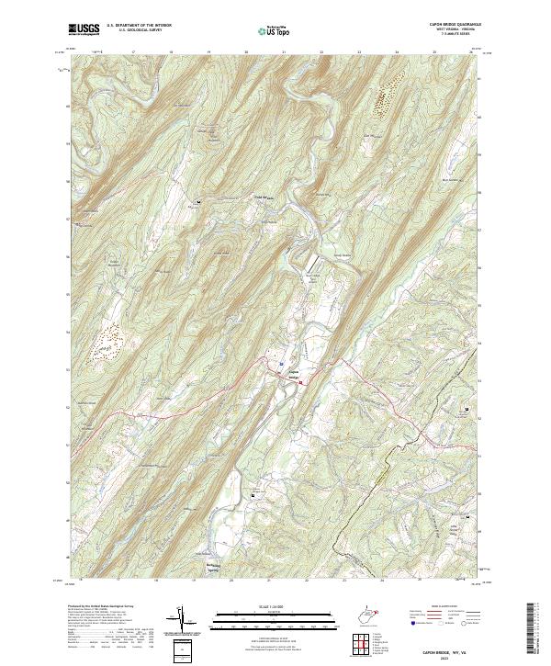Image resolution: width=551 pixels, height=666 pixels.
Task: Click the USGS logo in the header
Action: click(84, 29)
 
